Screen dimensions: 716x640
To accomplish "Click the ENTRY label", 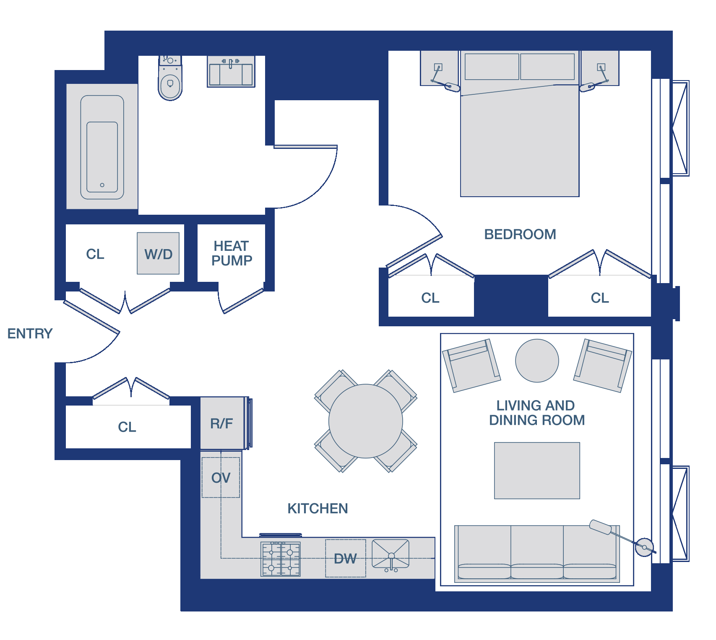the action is (30, 333).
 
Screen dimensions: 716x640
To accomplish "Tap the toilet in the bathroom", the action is (170, 78).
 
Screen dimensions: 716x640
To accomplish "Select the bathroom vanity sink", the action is (231, 71).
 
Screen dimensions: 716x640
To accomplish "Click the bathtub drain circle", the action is (102, 185).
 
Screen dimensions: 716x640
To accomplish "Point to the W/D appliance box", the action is (158, 253).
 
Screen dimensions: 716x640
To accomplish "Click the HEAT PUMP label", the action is (232, 253).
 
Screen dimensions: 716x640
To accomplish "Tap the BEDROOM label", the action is (520, 234).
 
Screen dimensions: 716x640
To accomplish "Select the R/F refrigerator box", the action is (222, 423).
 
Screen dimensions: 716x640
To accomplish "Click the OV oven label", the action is (221, 478).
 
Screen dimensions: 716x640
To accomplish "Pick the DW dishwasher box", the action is (346, 558).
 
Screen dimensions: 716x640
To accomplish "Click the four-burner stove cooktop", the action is (281, 559).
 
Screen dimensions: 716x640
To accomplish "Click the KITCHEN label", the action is (318, 508).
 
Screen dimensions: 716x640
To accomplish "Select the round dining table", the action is (366, 421).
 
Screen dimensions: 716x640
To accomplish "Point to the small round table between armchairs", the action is (537, 361).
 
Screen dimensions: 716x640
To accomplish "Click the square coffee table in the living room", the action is (537, 471).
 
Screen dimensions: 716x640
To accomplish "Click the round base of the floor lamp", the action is (644, 547).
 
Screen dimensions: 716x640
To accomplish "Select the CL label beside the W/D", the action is (95, 254).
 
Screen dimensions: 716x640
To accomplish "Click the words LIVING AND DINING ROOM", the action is (536, 413).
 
